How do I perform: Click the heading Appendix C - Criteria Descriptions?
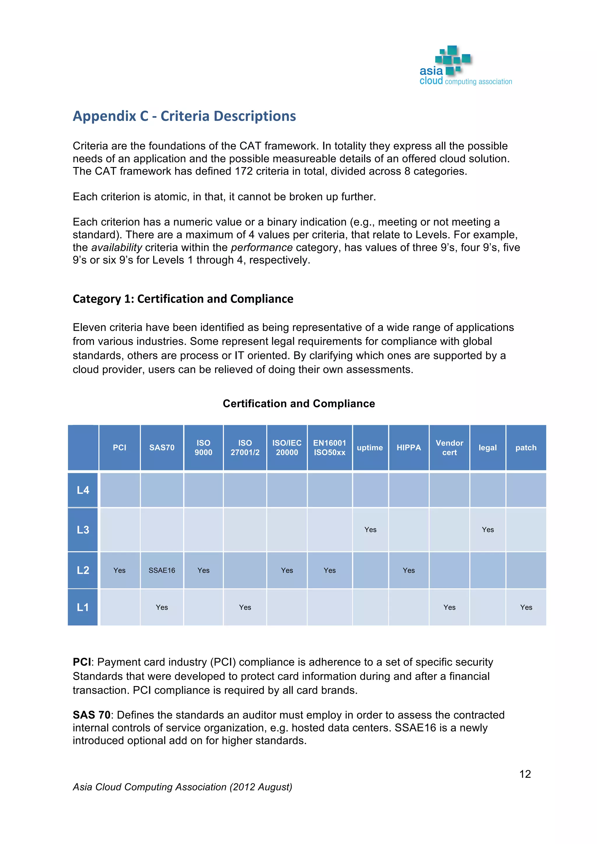click(184, 116)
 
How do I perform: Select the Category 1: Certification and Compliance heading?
click(183, 299)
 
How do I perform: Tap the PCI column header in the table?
click(120, 448)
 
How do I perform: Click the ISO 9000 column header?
click(203, 448)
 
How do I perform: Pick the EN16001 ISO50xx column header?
click(329, 448)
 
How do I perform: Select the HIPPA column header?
click(408, 448)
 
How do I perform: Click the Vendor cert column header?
click(449, 448)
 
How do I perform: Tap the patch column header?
click(526, 448)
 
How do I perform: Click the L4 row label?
click(83, 490)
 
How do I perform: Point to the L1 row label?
click(83, 607)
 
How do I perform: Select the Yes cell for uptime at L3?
click(370, 530)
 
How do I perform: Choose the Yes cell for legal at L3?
click(487, 530)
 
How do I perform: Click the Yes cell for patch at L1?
click(526, 608)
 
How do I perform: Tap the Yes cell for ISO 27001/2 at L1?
click(245, 608)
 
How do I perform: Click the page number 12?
click(525, 774)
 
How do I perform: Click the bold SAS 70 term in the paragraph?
click(91, 715)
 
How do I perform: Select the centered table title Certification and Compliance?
click(298, 404)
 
